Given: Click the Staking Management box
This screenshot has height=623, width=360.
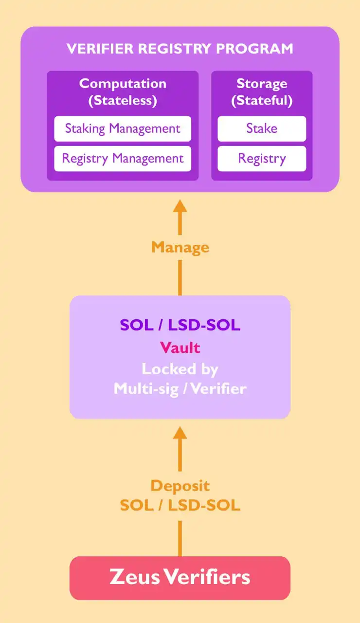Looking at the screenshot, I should pyautogui.click(x=123, y=128).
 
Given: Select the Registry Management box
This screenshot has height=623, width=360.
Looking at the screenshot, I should pyautogui.click(x=123, y=159).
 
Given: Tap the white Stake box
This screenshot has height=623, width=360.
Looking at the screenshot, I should pyautogui.click(x=262, y=128).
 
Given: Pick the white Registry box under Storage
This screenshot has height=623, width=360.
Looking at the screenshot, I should pyautogui.click(x=262, y=159).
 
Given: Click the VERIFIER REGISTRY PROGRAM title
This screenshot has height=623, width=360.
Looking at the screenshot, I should pyautogui.click(x=180, y=49).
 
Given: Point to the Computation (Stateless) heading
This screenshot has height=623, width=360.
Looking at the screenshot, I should pyautogui.click(x=123, y=92).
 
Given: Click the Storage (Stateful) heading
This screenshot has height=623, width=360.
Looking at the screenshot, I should pyautogui.click(x=262, y=92).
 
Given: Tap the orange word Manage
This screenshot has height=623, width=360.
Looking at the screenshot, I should pyautogui.click(x=180, y=247).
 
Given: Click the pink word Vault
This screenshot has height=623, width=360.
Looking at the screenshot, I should pyautogui.click(x=180, y=348).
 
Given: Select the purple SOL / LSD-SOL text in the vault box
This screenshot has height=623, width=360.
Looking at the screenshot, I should pyautogui.click(x=180, y=325).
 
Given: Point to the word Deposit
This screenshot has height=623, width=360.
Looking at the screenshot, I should pyautogui.click(x=180, y=486).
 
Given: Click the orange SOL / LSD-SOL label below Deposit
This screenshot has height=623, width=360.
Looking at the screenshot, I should pyautogui.click(x=180, y=505).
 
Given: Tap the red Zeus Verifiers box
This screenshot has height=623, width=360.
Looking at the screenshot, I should pyautogui.click(x=180, y=578).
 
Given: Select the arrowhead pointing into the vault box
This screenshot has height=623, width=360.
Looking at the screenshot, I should pyautogui.click(x=180, y=433).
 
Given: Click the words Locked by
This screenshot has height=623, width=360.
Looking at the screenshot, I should pyautogui.click(x=180, y=369).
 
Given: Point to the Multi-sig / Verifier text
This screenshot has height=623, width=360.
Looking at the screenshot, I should pyautogui.click(x=180, y=388).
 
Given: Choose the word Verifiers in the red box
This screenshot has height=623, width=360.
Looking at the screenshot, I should pyautogui.click(x=207, y=578).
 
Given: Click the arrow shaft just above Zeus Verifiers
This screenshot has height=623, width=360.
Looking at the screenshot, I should pyautogui.click(x=180, y=538).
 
